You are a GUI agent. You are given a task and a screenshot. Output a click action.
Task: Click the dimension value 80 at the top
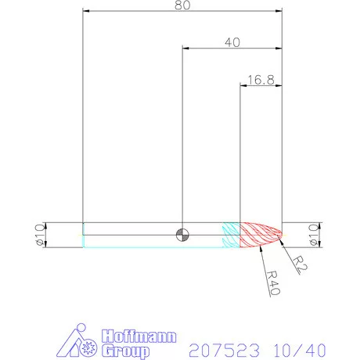[x=182, y=5]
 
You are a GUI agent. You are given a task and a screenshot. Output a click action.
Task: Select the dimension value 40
[x=232, y=42]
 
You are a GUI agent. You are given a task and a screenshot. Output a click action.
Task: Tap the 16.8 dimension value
[x=261, y=79]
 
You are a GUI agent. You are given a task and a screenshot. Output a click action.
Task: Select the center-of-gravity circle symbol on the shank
[x=182, y=234]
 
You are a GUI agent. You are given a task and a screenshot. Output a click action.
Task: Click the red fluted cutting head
[x=258, y=234]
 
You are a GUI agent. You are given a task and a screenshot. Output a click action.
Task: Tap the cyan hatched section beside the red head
[x=230, y=234]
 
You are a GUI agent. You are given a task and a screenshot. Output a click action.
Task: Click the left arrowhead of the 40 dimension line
[x=185, y=49]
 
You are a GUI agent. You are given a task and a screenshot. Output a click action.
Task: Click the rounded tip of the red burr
[x=280, y=234]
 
